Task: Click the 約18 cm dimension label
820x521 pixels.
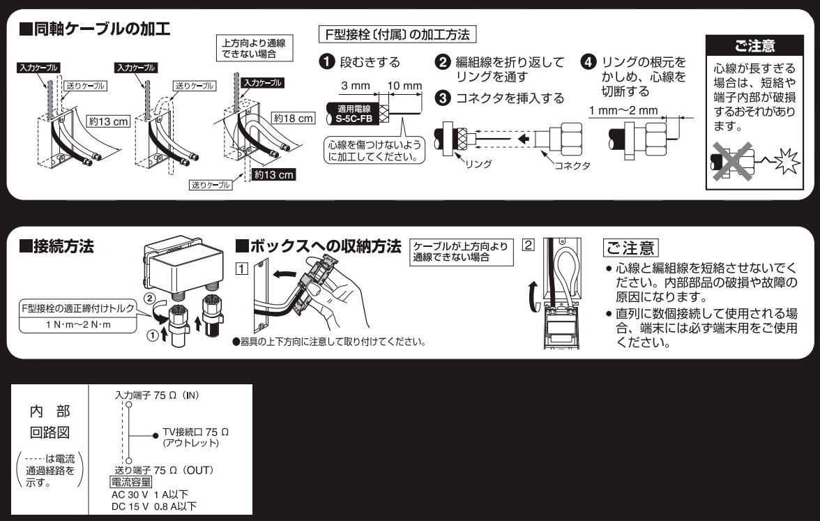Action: point(294,119)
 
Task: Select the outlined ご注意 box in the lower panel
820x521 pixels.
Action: point(630,248)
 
